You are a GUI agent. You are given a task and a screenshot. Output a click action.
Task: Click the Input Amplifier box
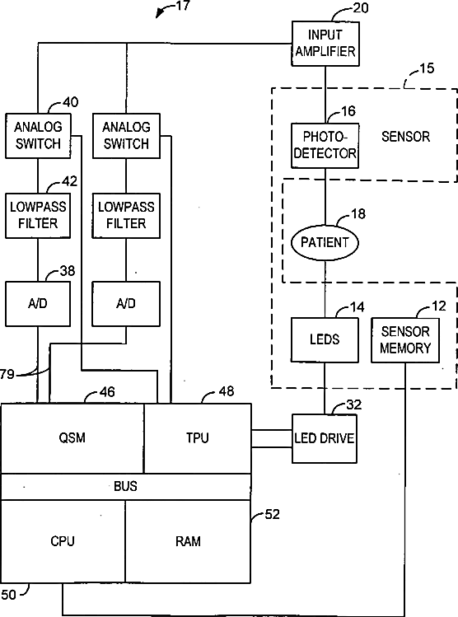325,44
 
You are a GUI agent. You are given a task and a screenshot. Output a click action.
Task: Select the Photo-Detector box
325,146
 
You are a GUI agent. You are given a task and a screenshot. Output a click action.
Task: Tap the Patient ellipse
325,242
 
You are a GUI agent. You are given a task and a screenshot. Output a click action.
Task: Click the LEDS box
325,340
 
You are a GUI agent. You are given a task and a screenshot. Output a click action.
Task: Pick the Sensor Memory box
405,340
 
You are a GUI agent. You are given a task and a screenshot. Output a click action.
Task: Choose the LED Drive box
325,438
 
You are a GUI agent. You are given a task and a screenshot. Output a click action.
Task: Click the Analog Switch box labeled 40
38,136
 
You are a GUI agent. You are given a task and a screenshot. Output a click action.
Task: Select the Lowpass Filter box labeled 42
38,216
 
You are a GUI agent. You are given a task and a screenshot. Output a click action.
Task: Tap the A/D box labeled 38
38,304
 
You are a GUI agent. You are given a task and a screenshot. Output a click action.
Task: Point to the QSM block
72,438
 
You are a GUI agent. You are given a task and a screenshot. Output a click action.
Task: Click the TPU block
198,438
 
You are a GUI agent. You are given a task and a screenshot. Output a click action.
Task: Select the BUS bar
126,487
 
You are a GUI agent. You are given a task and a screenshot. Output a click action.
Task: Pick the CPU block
63,541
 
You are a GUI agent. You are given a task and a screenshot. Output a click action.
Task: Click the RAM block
189,541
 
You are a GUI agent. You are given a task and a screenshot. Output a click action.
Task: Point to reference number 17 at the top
183,6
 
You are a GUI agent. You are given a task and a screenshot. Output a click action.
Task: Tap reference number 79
7,374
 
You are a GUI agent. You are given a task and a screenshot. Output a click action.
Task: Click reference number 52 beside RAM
273,514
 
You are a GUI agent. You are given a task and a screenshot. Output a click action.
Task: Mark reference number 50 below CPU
9,595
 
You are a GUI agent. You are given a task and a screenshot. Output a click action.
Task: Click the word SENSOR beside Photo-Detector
405,137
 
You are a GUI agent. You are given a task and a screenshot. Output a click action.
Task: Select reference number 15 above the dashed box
427,68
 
